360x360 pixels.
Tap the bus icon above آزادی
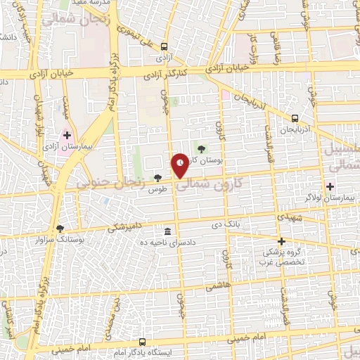point(165,44)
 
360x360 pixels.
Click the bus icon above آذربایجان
point(295,118)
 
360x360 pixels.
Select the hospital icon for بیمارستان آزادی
point(67,135)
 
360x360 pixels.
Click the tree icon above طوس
point(157,179)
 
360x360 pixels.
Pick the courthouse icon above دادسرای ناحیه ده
point(167,232)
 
